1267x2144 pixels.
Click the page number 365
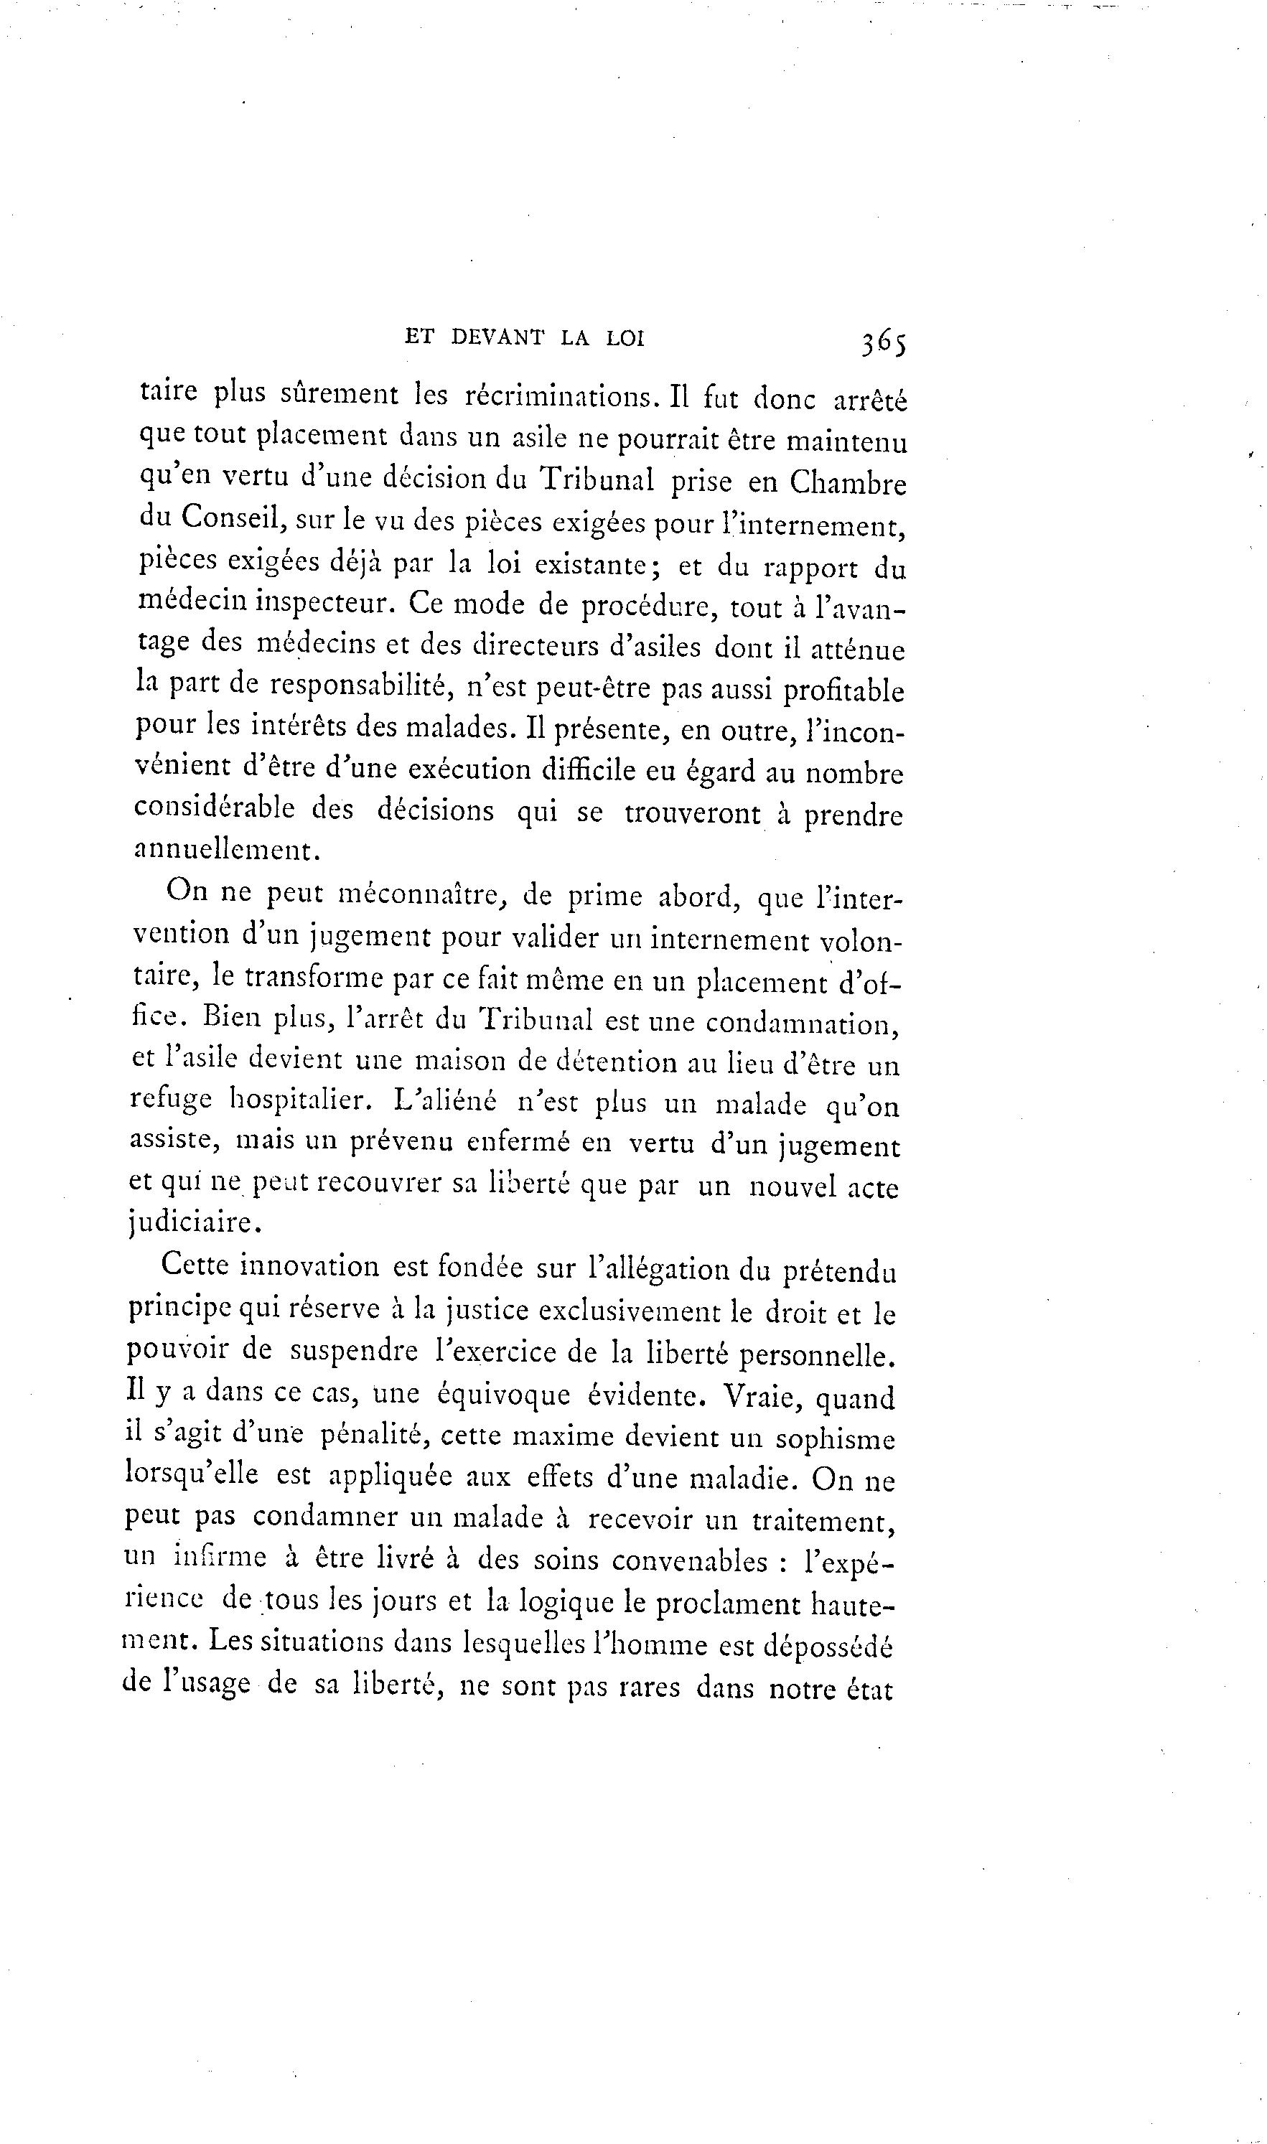[883, 342]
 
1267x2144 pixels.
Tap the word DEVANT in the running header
[497, 338]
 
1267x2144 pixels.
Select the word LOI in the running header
[625, 339]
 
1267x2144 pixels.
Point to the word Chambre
[847, 483]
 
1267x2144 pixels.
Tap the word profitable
[843, 691]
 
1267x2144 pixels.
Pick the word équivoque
[503, 1395]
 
